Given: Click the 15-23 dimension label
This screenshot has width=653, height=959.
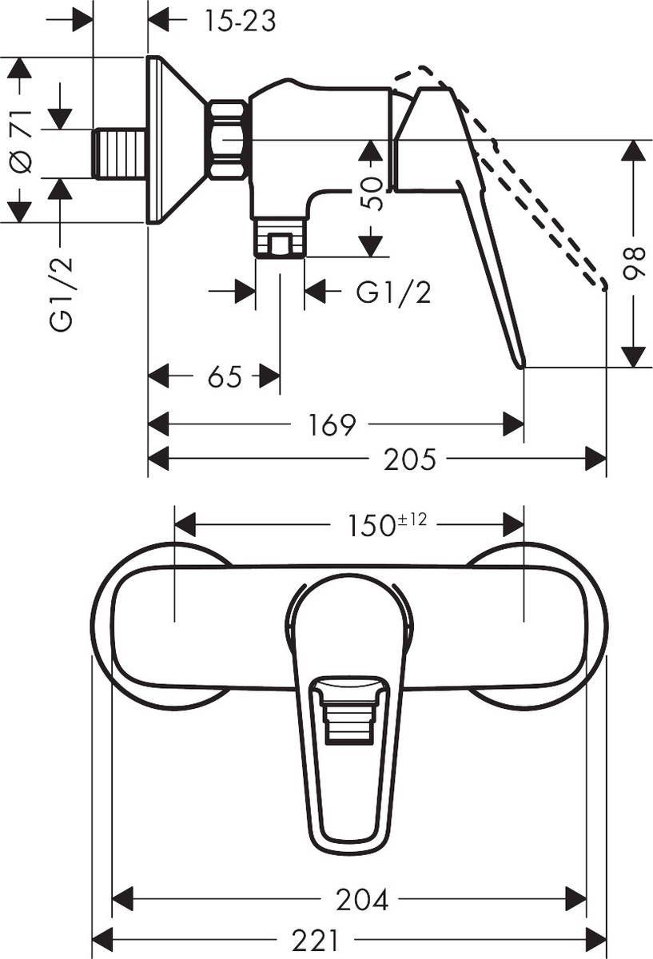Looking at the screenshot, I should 238,21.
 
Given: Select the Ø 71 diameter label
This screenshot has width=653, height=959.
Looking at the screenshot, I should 22,140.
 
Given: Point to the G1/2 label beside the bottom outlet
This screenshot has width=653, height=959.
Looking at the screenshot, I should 393,293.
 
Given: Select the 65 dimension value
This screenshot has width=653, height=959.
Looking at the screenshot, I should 224,376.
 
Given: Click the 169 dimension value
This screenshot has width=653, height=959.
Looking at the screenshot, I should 332,425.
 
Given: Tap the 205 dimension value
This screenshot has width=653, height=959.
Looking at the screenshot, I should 410,460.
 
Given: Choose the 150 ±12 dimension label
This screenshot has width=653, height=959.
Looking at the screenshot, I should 386,526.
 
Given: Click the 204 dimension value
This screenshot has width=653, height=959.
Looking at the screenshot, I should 362,900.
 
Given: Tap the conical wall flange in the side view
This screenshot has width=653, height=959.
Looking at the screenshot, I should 172,140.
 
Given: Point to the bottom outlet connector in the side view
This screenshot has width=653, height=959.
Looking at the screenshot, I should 280,238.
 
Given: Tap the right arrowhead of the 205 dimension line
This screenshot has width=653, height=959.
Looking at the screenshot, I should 596,459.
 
